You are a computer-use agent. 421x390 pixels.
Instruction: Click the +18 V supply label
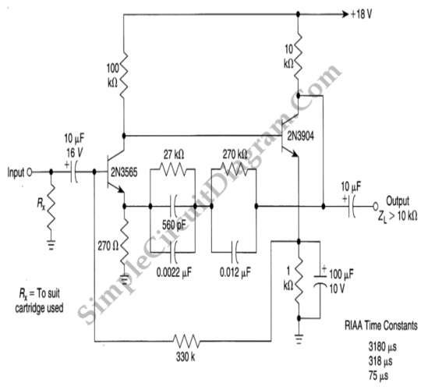(x=362, y=14)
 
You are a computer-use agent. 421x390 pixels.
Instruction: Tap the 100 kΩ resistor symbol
(x=123, y=75)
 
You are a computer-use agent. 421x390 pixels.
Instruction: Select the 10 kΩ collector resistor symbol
(x=298, y=56)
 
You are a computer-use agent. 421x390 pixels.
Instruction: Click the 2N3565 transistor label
(x=124, y=172)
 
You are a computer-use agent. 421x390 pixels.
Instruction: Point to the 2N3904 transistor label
(x=300, y=136)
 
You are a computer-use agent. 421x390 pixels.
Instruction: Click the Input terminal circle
(x=30, y=172)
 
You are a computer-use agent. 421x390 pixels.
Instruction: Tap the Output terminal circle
(x=376, y=206)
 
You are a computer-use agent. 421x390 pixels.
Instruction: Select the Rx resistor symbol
(x=51, y=207)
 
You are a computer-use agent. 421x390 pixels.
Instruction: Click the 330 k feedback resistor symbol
(x=186, y=341)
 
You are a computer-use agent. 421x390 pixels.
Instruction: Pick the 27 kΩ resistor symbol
(x=172, y=169)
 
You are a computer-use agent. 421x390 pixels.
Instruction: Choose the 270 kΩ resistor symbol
(x=234, y=169)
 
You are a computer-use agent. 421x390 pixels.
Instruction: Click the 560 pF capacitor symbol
(x=173, y=206)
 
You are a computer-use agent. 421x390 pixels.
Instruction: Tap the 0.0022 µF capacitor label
(x=175, y=272)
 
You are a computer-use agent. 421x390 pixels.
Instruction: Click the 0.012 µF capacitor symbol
(x=235, y=252)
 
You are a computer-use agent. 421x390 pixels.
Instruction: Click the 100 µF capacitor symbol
(x=320, y=281)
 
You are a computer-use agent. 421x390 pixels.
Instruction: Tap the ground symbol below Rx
(x=51, y=245)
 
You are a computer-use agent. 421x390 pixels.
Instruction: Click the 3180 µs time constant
(x=382, y=347)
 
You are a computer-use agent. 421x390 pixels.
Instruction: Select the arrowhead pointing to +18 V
(x=345, y=14)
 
